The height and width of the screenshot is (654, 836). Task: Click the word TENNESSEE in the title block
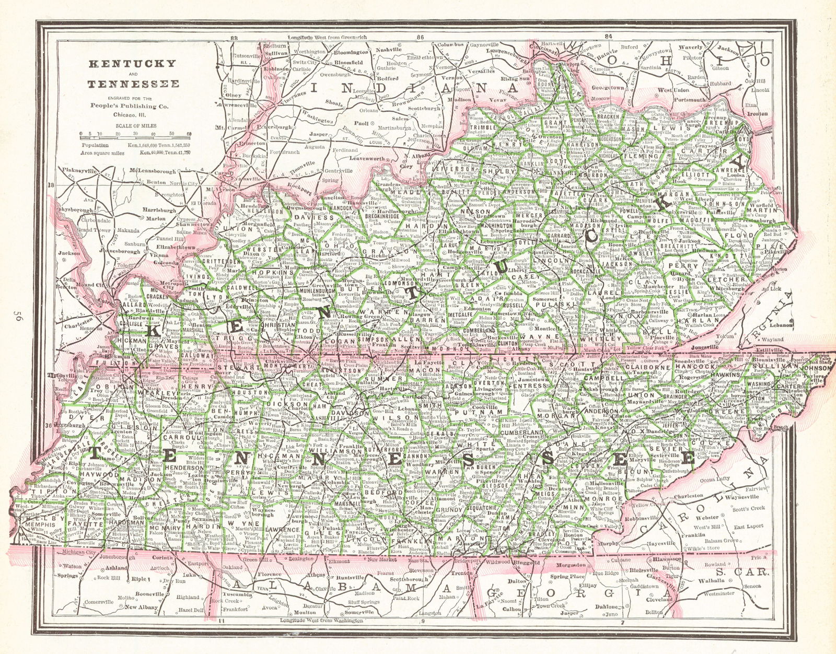point(133,84)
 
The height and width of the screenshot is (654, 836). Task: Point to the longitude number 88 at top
point(234,38)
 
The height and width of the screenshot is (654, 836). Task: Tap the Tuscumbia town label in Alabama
point(237,594)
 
